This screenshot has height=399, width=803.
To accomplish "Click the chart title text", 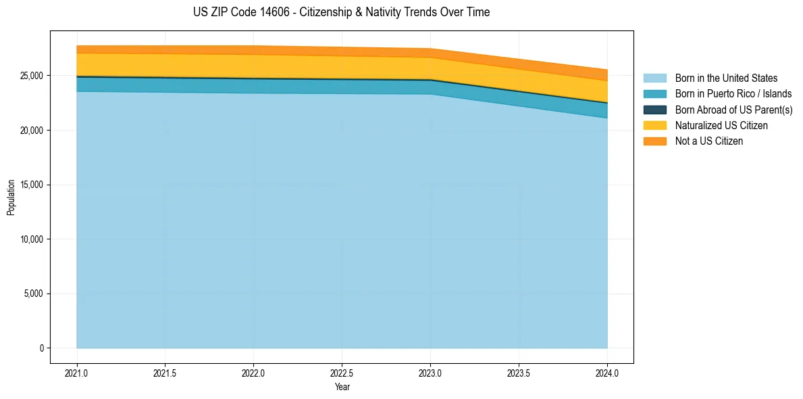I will [341, 12].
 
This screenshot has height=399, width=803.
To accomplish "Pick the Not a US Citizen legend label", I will [708, 141].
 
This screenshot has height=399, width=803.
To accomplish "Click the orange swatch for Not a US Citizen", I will [654, 141].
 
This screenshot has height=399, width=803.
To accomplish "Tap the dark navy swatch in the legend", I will [654, 110].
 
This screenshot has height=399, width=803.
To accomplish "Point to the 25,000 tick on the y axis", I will [31, 76].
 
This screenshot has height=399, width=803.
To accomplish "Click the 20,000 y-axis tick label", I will [31, 131].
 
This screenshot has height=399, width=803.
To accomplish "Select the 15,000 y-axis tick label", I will [31, 185].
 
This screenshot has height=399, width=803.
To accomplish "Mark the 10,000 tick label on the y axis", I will [31, 239].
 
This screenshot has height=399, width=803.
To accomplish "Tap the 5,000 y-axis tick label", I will [33, 294].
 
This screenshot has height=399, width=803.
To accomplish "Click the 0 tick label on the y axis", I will [41, 348].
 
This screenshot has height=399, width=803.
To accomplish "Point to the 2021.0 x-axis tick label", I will [76, 373].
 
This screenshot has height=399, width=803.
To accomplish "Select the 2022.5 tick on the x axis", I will [342, 373].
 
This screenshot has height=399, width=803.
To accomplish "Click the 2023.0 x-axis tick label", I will [430, 373].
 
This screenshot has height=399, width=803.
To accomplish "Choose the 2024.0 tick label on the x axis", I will [607, 373].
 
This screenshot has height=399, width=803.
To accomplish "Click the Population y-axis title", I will [11, 197].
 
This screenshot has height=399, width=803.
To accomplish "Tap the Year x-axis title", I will [342, 388].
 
